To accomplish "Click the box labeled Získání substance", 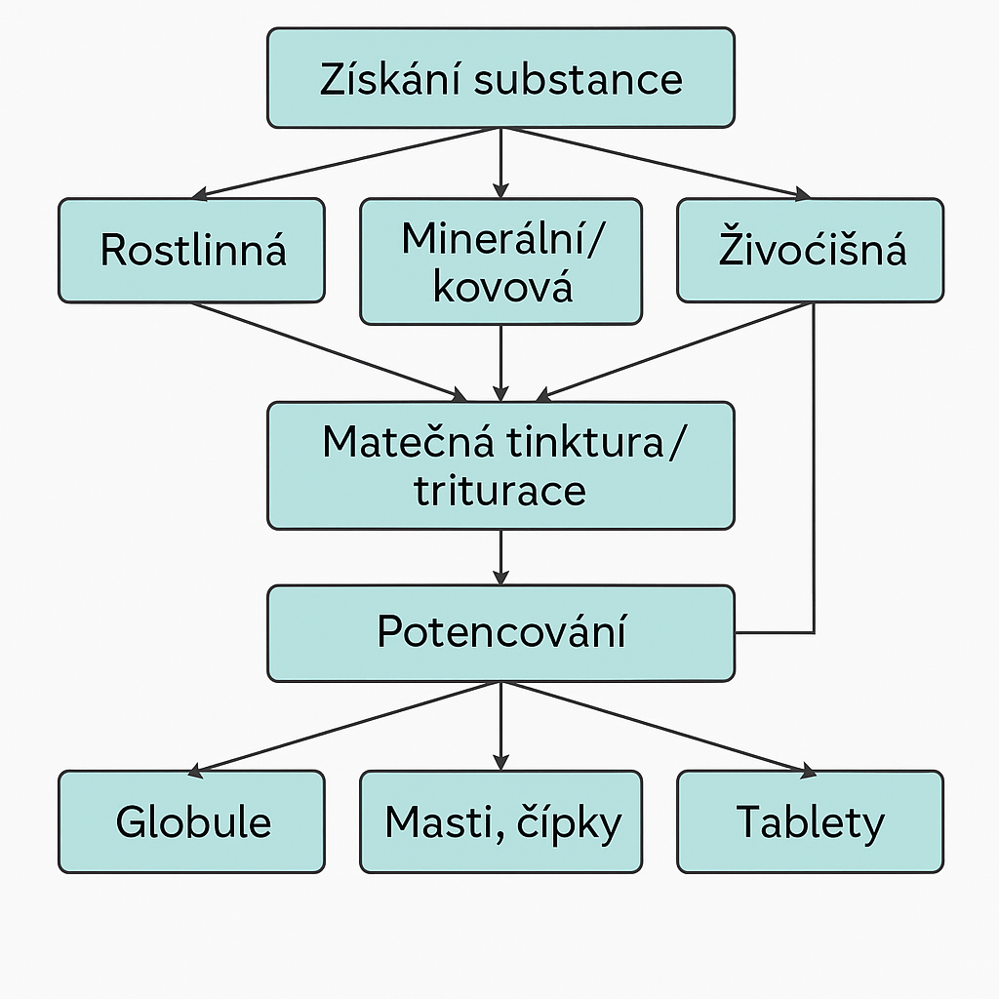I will pos(500,78).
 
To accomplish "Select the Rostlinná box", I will pos(191,251).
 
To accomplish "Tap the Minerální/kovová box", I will pos(500,261).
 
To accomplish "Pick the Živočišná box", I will pos(810,251).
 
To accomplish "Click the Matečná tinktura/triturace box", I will pos(500,465).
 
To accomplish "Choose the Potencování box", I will pos(500,632).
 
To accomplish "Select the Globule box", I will pos(191,821).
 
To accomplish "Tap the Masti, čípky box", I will pos(500,821).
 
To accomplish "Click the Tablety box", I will pos(810,821).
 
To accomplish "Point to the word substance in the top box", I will pos(579,79).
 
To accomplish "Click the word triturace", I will pos(500,489).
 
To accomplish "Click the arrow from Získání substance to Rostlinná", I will pos(346,163).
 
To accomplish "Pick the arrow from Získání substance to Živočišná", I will pos(656,163).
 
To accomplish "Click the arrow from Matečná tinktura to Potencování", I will pos(500,557).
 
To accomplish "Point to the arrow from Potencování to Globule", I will pos(346,728).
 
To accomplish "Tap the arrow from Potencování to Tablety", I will pos(656,728).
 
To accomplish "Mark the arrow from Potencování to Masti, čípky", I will pos(500,726).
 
